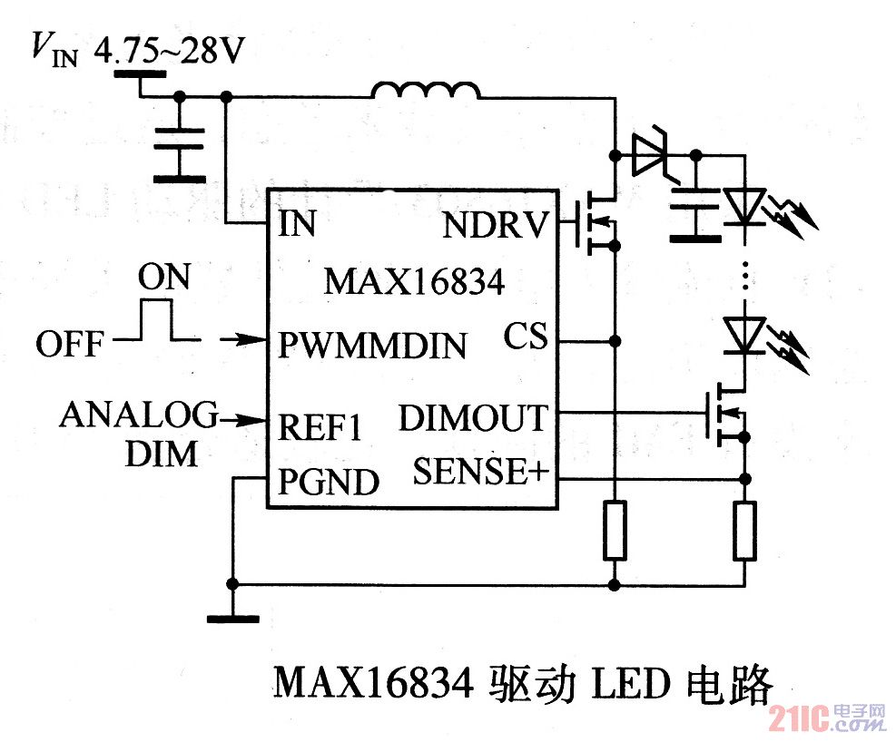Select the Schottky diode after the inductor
pyautogui.click(x=649, y=155)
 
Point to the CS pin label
pyautogui.click(x=527, y=338)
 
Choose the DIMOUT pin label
pyautogui.click(x=473, y=418)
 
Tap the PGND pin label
pyautogui.click(x=328, y=482)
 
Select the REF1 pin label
pyautogui.click(x=319, y=427)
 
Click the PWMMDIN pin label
pyautogui.click(x=372, y=346)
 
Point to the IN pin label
pyautogui.click(x=297, y=224)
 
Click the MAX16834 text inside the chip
pyautogui.click(x=414, y=282)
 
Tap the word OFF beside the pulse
pyautogui.click(x=69, y=345)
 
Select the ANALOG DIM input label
pyautogui.click(x=139, y=433)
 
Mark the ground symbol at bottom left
pyautogui.click(x=232, y=619)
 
